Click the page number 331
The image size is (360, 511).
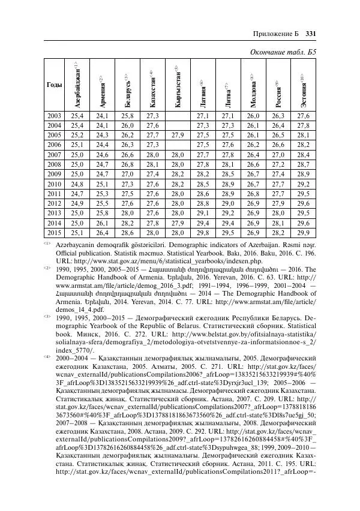tap(311, 33)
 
